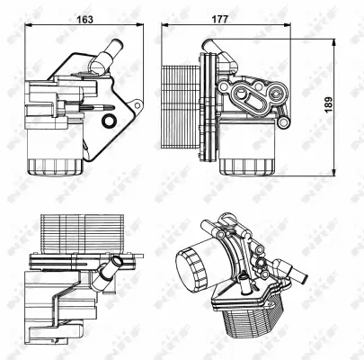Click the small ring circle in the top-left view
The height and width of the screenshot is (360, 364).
click(x=110, y=121)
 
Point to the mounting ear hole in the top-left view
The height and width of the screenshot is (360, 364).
click(x=34, y=91)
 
